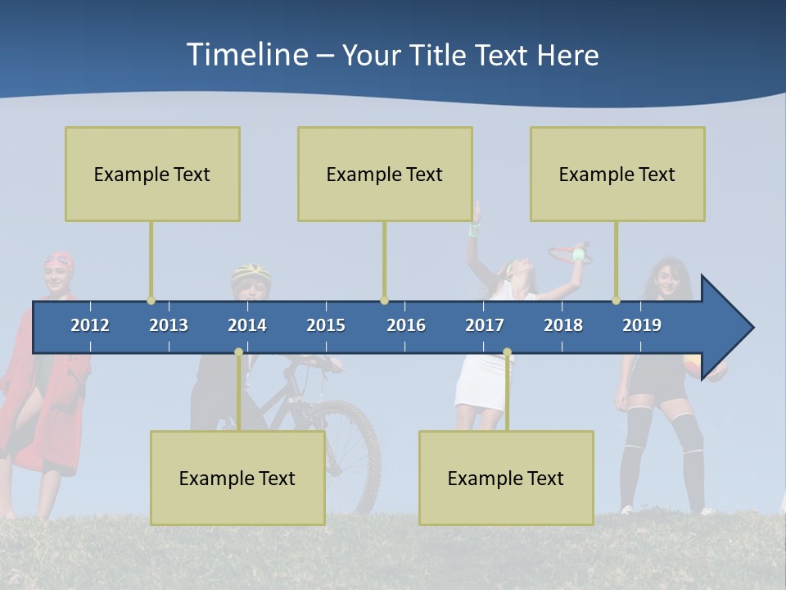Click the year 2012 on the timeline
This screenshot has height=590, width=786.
click(x=90, y=325)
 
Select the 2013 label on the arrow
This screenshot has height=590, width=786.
click(x=169, y=325)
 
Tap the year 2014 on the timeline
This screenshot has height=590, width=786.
click(x=247, y=325)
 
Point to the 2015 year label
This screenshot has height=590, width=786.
click(x=326, y=325)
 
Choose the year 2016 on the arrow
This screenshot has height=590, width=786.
click(x=406, y=325)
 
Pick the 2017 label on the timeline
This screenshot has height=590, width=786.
click(x=485, y=325)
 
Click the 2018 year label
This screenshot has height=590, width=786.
click(x=563, y=325)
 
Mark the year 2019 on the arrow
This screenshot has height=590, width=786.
click(x=642, y=325)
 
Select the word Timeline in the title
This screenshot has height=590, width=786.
click(x=246, y=54)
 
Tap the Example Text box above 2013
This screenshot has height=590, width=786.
click(x=152, y=174)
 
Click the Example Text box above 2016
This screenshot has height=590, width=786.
click(x=385, y=174)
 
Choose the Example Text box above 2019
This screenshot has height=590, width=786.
click(x=617, y=174)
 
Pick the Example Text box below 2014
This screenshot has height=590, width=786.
click(x=237, y=478)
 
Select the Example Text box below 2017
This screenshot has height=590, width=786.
click(x=506, y=478)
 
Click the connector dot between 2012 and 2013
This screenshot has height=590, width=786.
click(x=151, y=300)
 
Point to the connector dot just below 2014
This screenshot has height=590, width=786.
click(x=238, y=352)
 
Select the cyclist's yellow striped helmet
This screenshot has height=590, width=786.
click(x=251, y=272)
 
